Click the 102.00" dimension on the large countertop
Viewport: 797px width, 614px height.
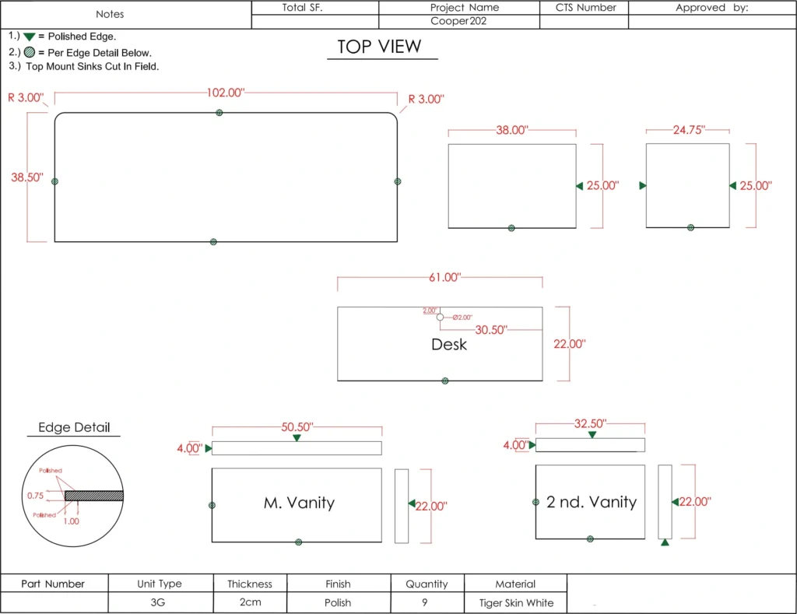pos(226,93)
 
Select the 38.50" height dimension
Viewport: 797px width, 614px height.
pos(27,177)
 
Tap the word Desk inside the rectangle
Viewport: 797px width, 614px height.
pos(449,344)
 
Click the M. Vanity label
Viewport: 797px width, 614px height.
pos(299,503)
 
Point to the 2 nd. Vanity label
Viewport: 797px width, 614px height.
pos(592,502)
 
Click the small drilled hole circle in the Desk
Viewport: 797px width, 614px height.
pos(441,318)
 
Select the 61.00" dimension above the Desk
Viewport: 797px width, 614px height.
pos(444,277)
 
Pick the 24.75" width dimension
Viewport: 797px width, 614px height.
pos(689,130)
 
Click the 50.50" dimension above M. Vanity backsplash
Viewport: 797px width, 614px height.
pos(297,426)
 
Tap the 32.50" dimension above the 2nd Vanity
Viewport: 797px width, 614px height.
pos(590,423)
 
